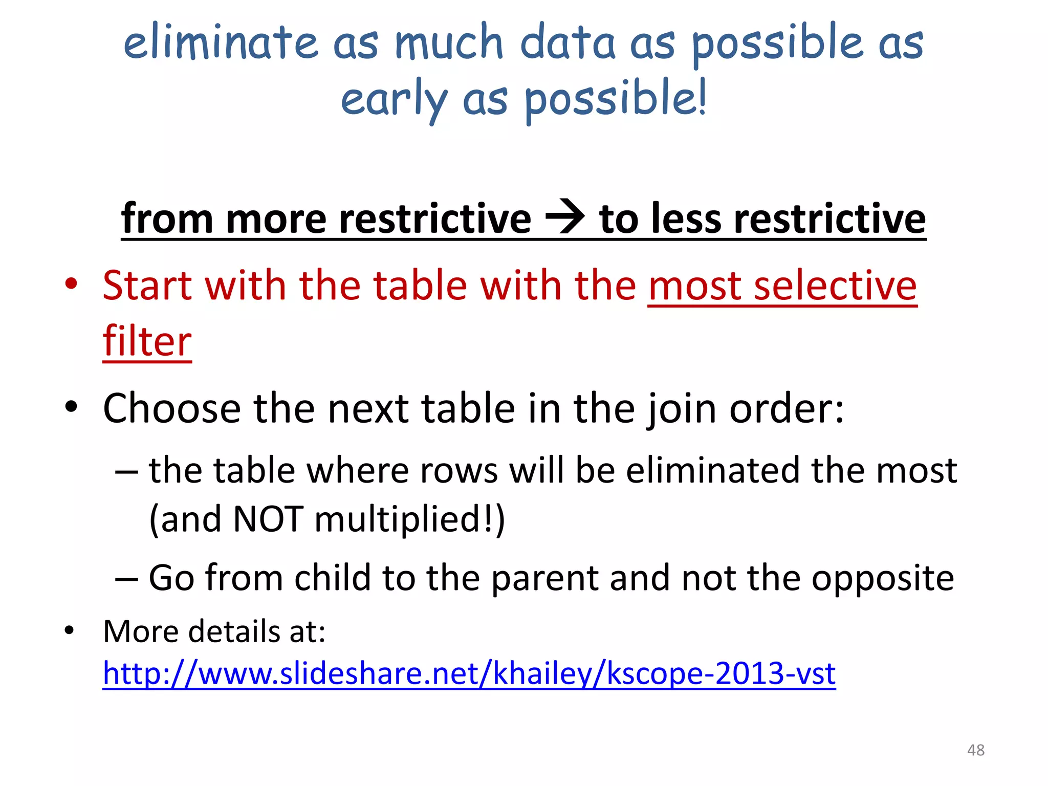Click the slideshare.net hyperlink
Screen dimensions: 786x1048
[x=469, y=673]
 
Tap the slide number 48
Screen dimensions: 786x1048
[x=975, y=750]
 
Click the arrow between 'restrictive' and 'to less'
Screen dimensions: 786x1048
[x=565, y=217]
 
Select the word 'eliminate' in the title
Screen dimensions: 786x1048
[x=221, y=43]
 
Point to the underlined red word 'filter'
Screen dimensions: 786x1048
[x=147, y=341]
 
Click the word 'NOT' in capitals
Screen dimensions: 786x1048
[x=268, y=519]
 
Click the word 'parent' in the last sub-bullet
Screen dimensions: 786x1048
[x=544, y=578]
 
